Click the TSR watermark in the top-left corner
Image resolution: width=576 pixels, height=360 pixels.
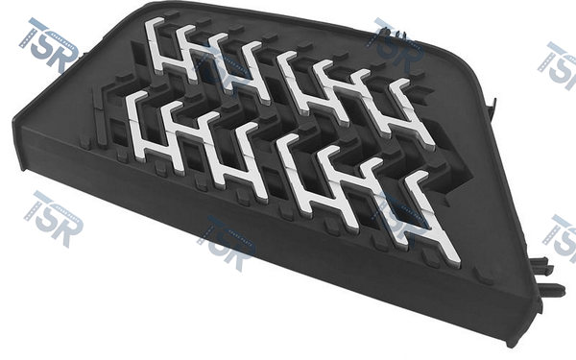tap(49, 45)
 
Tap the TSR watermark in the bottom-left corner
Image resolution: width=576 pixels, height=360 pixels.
tap(54, 219)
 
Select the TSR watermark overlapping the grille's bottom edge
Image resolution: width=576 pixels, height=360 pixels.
tap(226, 243)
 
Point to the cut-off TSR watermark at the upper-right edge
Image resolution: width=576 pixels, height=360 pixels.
tap(558, 65)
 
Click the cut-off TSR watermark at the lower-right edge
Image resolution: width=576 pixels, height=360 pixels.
tap(560, 239)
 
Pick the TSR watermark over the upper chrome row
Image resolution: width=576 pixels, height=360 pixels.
tap(395, 45)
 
